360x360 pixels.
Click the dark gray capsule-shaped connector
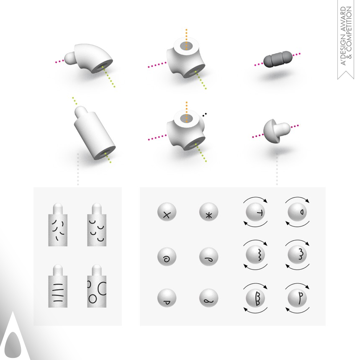tap(278, 59)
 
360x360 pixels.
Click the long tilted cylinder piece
tap(94, 133)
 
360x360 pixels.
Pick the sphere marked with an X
tap(167, 212)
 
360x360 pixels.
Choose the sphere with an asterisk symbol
tap(209, 212)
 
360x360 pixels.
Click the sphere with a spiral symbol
tap(167, 257)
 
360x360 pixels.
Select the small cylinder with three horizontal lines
tap(58, 286)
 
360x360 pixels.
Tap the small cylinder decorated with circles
tap(97, 286)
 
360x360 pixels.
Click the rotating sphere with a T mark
tap(255, 212)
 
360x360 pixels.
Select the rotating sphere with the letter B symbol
tap(255, 298)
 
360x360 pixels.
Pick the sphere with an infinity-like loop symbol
tap(209, 298)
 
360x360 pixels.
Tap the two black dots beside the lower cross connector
tap(205, 114)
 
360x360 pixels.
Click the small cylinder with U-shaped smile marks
tap(97, 224)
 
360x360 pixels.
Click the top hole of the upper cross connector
tap(186, 46)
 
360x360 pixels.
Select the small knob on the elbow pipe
tap(70, 58)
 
